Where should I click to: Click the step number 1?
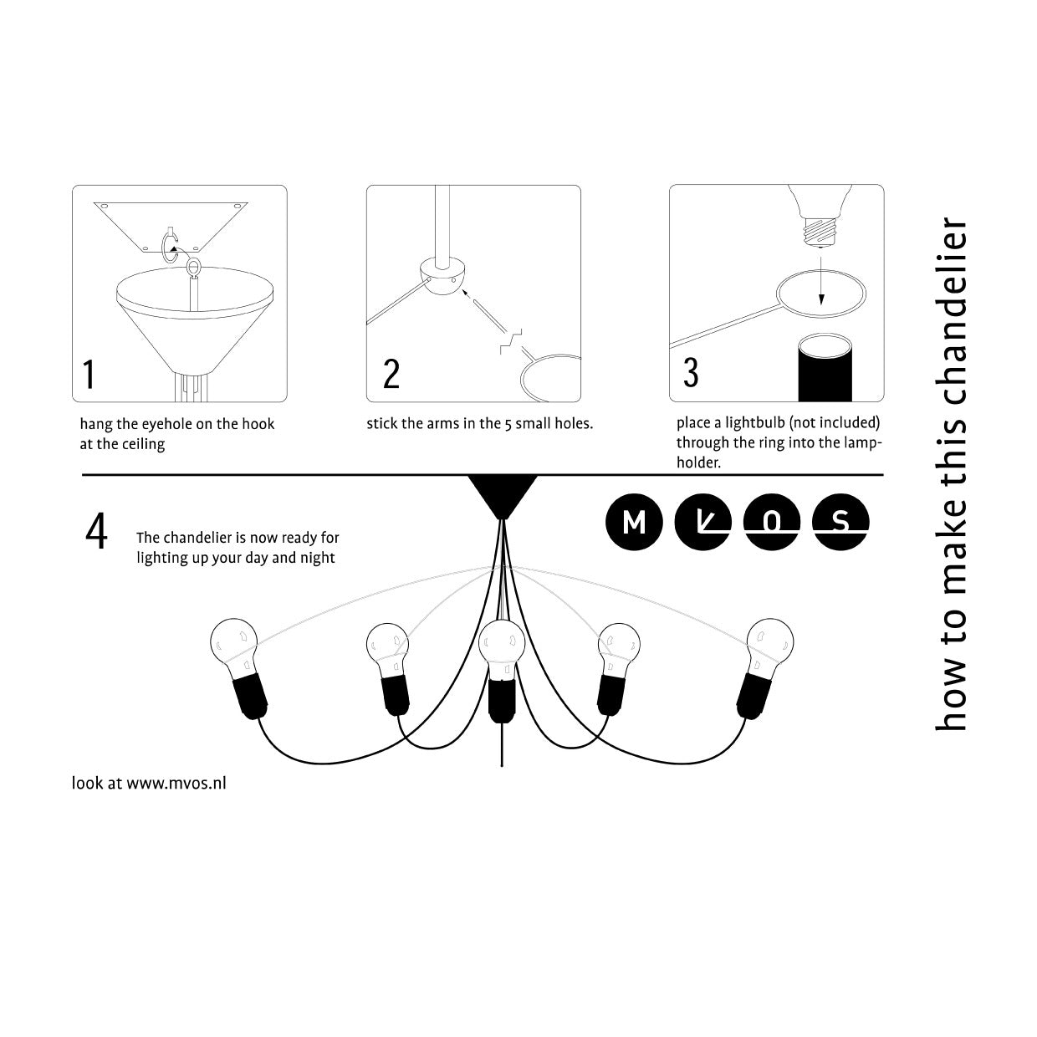[x=89, y=375]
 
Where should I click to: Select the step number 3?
[x=691, y=372]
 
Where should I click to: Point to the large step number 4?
[x=97, y=531]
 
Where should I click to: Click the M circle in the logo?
[x=634, y=522]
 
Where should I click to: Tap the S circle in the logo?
[x=840, y=522]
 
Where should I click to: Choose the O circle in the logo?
[x=772, y=522]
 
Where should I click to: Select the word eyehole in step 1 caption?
[x=166, y=424]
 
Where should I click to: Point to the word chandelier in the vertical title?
[x=951, y=311]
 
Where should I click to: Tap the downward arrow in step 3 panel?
[x=820, y=280]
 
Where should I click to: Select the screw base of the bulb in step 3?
[x=820, y=230]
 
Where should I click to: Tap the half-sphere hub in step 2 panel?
[x=443, y=276]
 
